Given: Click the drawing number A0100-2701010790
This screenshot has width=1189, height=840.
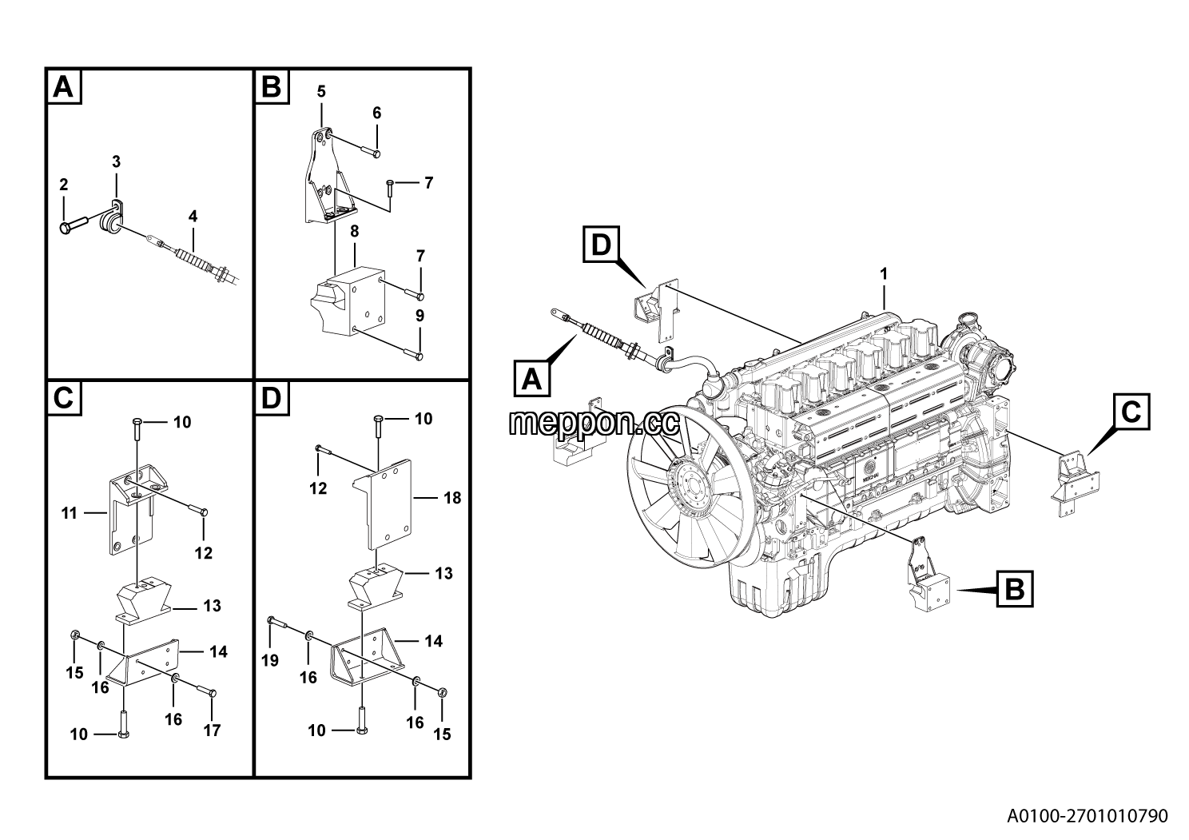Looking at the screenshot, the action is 1087,815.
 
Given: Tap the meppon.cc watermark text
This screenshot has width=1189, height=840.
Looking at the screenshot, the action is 594,423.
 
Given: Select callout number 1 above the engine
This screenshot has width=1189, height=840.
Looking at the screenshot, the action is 884,274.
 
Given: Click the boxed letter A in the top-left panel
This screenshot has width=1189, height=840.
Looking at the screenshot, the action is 64,86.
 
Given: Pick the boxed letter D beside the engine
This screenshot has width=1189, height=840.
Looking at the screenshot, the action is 602,245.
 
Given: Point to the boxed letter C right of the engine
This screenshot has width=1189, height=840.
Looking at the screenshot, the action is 1131,412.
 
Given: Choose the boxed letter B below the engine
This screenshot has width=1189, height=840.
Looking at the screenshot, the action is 1015,589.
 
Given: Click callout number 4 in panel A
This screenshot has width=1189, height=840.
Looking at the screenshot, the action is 193,216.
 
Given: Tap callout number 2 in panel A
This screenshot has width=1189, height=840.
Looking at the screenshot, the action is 64,185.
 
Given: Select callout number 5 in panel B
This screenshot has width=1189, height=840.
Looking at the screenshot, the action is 321,92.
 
